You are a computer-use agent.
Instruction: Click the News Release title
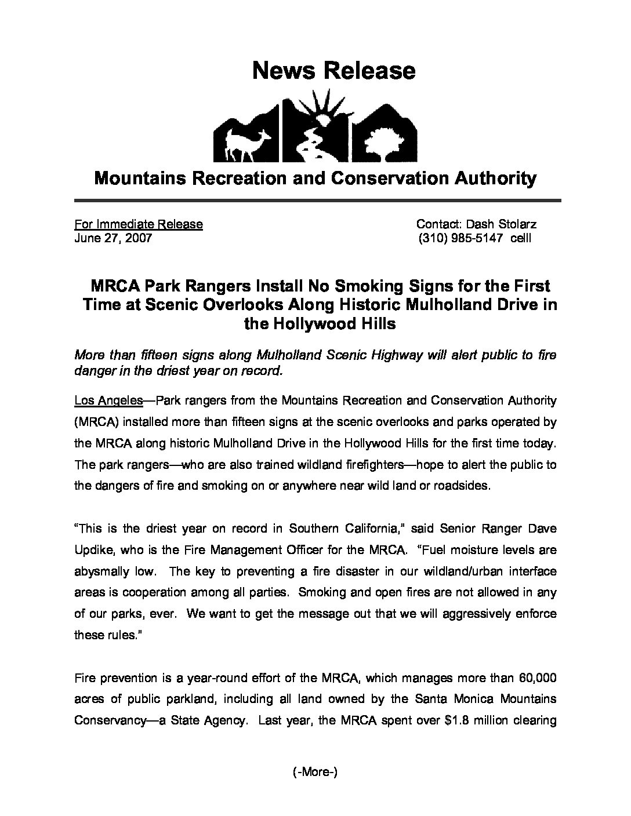pos(333,71)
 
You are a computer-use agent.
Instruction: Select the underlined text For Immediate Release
pos(139,224)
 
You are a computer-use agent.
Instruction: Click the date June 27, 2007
pos(113,238)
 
